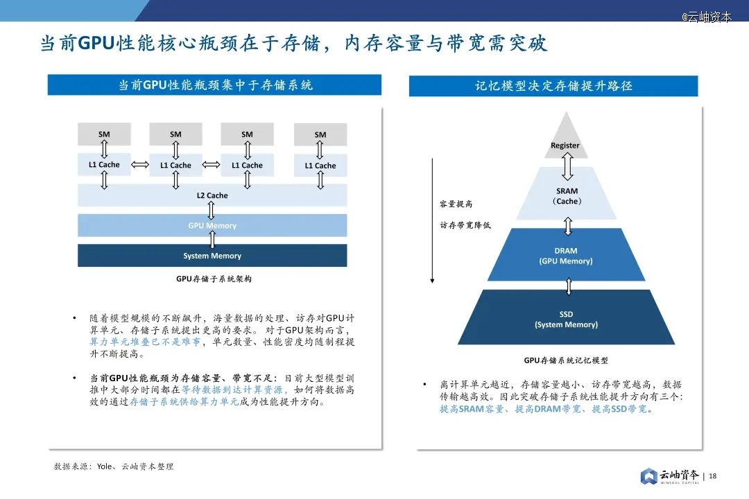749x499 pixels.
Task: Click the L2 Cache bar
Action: click(x=212, y=195)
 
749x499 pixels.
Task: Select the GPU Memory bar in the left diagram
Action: click(x=212, y=225)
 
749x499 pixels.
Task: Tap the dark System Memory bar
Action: click(x=212, y=256)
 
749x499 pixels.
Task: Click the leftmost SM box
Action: click(x=104, y=134)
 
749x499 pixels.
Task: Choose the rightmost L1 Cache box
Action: click(x=320, y=166)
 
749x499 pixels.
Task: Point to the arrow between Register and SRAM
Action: click(x=567, y=166)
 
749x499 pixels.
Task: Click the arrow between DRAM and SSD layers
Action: click(x=569, y=286)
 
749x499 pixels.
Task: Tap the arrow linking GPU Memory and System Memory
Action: click(x=212, y=240)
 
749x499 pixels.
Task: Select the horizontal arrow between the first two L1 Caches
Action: click(x=140, y=165)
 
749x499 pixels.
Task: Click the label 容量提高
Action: click(x=456, y=204)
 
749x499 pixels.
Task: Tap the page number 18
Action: click(x=712, y=476)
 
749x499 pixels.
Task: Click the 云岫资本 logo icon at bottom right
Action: click(x=648, y=476)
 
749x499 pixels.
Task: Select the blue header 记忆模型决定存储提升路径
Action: click(x=553, y=86)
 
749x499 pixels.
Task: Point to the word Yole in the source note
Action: click(x=105, y=466)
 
